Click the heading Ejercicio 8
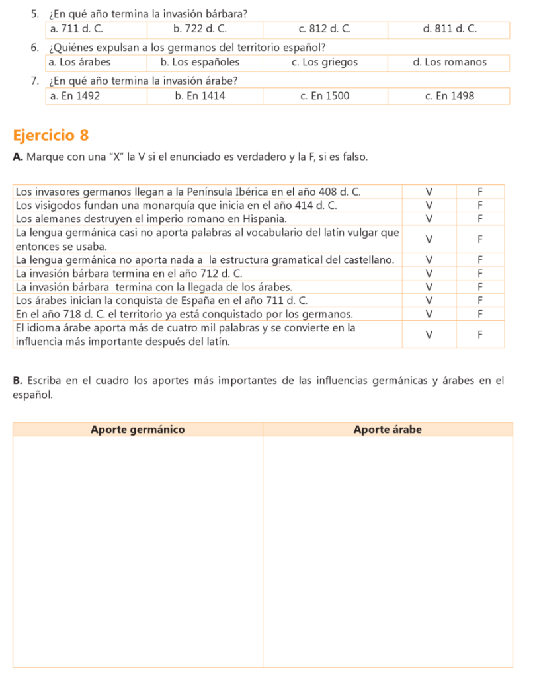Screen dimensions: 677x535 coord(50,136)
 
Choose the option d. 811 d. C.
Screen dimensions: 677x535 coord(449,30)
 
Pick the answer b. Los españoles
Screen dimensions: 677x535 coord(200,63)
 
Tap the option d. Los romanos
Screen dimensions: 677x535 coord(449,63)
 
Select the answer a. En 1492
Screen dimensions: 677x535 coord(75,97)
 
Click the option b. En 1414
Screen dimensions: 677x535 coord(200,97)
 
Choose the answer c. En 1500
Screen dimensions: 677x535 coord(324,97)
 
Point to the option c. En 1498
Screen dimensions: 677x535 coord(449,97)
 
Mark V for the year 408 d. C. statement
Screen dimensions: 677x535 coord(429,192)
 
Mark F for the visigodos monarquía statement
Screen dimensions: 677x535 coord(480,205)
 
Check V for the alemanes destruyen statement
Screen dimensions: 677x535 coord(429,218)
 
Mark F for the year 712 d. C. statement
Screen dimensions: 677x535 coord(480,273)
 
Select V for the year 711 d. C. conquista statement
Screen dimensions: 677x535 coord(429,300)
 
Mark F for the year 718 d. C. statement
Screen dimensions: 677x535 coord(480,313)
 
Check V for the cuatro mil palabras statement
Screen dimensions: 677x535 coord(429,335)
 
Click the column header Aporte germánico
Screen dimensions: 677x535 coord(138,430)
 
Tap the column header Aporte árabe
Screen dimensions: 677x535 coord(388,430)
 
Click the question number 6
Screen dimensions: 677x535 coord(33,47)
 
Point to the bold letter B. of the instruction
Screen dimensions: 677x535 coord(17,380)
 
